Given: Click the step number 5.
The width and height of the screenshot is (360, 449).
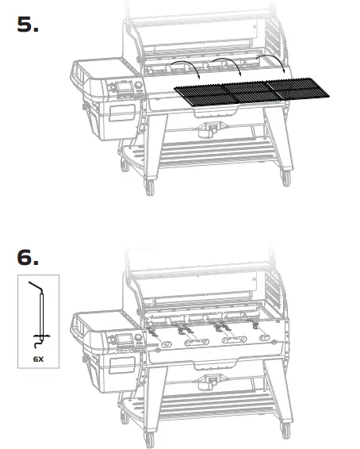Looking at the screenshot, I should (x=29, y=24).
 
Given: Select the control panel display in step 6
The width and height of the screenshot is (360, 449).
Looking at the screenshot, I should (x=124, y=343).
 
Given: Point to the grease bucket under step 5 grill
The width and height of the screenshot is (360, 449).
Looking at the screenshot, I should (x=212, y=127).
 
